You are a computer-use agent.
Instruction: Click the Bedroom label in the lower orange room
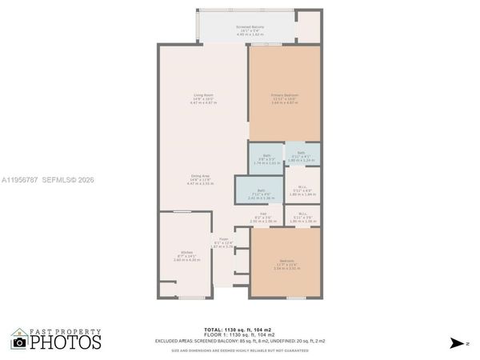coord(286,266)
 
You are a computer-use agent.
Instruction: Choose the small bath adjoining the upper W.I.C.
coord(301,155)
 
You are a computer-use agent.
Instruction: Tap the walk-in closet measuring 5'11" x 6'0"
coord(302,191)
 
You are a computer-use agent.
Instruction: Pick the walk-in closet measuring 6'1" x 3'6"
coord(302,216)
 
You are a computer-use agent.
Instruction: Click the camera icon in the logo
coord(20,342)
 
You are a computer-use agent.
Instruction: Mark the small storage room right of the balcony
coord(308,27)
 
